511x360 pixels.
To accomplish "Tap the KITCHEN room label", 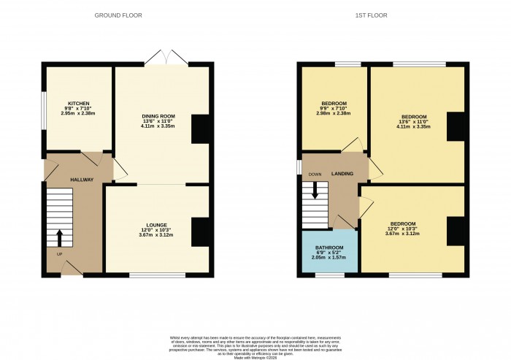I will click(x=78, y=103).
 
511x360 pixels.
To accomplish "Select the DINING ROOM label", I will click(x=158, y=116).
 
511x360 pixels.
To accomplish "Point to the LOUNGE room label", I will click(x=156, y=224).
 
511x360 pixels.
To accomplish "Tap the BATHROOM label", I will click(x=328, y=248).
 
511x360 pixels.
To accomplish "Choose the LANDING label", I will click(x=342, y=173).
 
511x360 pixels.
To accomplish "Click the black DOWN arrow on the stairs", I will click(x=315, y=189).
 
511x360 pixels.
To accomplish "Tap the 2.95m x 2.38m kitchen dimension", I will click(x=78, y=114).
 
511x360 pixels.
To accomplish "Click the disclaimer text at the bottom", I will click(x=255, y=344).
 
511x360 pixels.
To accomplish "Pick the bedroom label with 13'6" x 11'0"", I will click(x=413, y=116).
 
